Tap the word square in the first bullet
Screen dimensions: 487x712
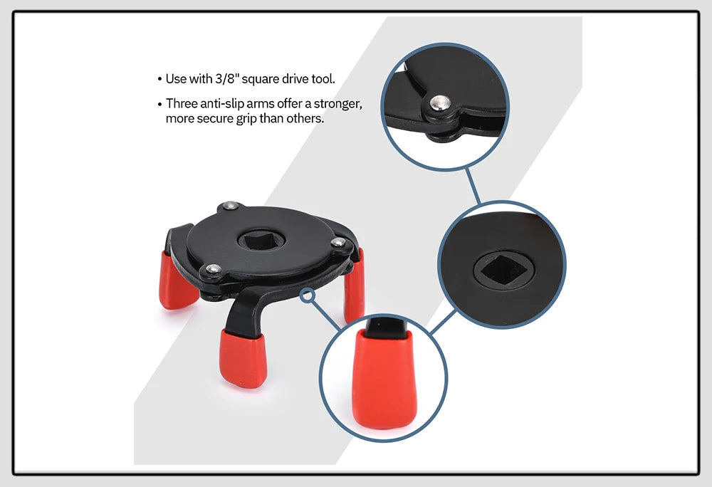click(x=262, y=79)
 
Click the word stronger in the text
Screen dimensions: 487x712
click(x=337, y=104)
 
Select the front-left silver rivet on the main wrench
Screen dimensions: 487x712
click(x=212, y=269)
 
